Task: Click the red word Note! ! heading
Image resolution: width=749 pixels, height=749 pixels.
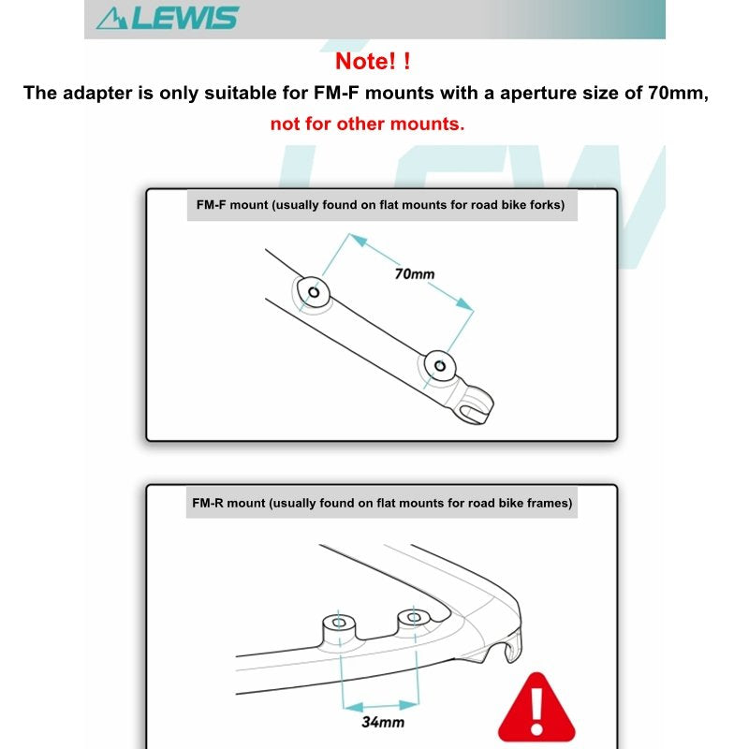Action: (373, 63)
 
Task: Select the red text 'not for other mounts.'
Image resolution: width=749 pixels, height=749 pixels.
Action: (367, 124)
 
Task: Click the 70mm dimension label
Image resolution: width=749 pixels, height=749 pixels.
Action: (414, 274)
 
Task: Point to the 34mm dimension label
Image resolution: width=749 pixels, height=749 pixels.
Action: (382, 722)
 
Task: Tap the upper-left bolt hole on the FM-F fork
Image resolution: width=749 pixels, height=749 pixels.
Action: (314, 293)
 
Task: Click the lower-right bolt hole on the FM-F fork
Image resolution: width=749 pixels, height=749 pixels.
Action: (436, 365)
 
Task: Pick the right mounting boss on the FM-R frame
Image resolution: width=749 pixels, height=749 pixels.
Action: (412, 617)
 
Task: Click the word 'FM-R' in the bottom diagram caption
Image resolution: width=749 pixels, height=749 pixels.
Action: (208, 503)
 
